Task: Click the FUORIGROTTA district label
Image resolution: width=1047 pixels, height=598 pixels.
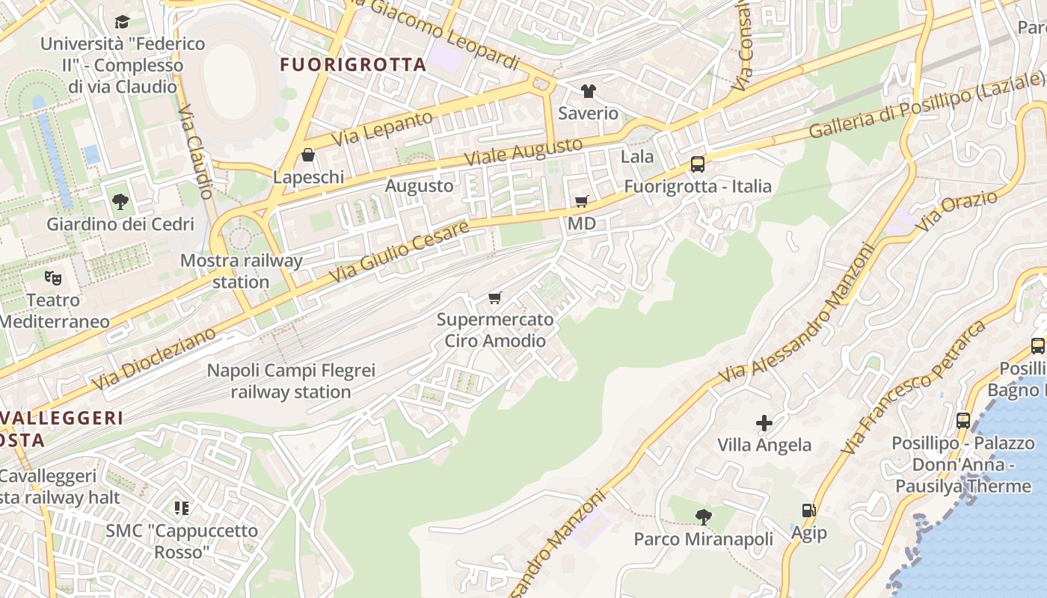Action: point(353,65)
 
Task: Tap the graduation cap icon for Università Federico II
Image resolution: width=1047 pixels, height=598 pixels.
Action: point(122,22)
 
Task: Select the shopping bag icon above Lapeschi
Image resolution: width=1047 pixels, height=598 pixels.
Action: point(308,155)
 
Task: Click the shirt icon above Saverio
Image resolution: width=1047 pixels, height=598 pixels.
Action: point(589,91)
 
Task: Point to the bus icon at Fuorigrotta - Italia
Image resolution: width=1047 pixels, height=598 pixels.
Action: point(697,164)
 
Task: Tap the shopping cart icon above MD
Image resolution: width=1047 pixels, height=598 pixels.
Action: point(581,201)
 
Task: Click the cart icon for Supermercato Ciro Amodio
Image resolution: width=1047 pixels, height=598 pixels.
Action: point(494,298)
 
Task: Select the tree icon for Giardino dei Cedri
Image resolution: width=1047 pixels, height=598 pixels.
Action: point(120,201)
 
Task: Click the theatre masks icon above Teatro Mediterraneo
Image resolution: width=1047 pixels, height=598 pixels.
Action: point(52,278)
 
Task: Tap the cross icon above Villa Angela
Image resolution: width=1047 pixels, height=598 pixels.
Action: point(764,423)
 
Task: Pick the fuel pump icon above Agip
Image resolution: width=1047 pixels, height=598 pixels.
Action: point(808,511)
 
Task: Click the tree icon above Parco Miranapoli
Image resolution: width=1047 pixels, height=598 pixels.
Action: point(703,517)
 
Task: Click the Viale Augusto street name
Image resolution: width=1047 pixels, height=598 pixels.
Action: point(523,152)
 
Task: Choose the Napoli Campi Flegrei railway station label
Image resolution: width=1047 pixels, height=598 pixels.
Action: point(291,381)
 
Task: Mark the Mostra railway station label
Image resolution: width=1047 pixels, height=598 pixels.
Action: point(241,271)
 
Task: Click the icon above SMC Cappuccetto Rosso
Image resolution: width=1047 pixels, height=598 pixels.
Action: point(181,508)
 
